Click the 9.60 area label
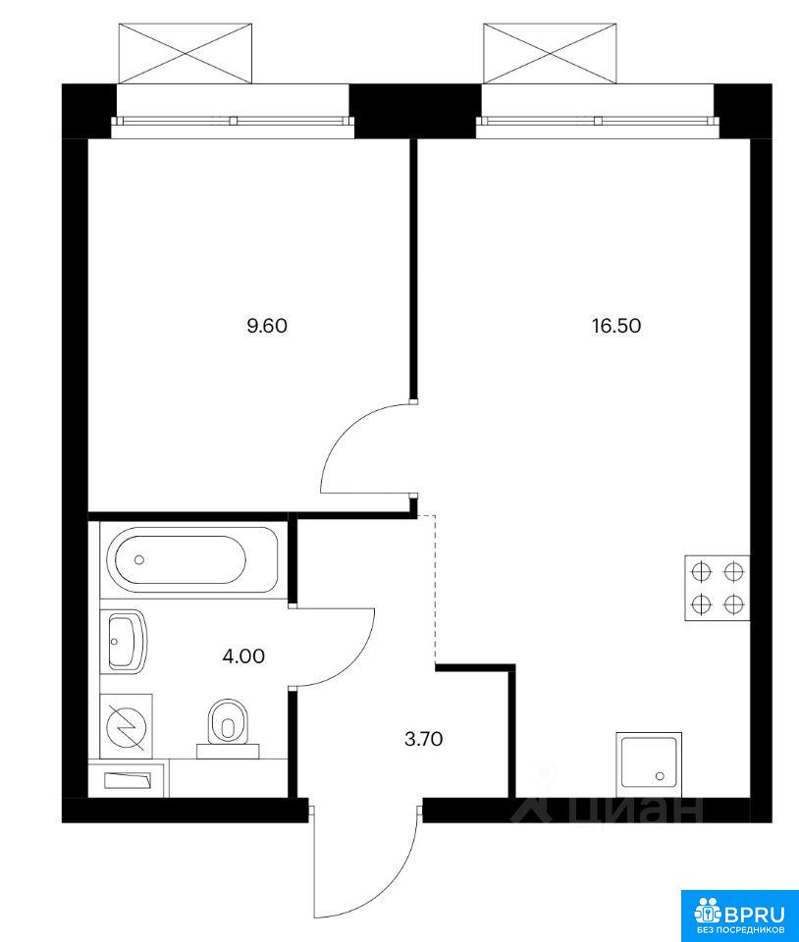point(267,326)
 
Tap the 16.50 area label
point(616,326)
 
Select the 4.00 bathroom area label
point(243,656)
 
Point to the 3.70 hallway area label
point(423,739)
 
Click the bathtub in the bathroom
point(192,560)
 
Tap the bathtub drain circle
point(139,560)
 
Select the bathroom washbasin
point(128,641)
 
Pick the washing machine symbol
point(127,727)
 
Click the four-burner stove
point(718,588)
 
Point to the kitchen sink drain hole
point(661,776)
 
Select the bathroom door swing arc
point(355,660)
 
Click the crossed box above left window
point(186,53)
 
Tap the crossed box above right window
point(550,53)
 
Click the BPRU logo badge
point(739,916)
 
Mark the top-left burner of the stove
point(701,571)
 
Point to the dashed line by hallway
point(434,589)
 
